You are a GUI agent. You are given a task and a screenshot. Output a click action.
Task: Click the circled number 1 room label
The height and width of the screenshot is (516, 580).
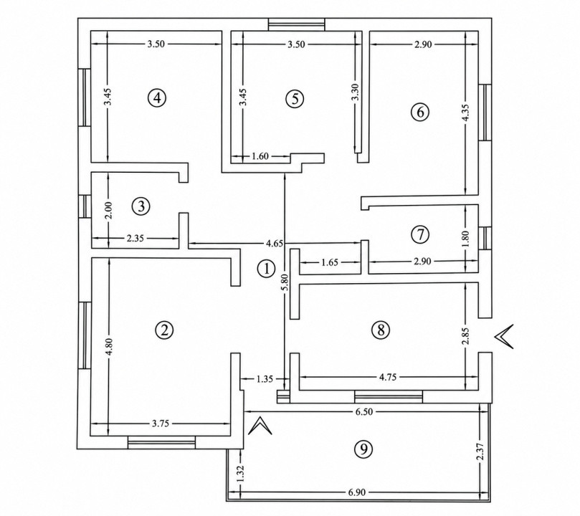[266, 269]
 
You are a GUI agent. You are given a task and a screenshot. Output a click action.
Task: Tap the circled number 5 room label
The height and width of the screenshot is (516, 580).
[295, 99]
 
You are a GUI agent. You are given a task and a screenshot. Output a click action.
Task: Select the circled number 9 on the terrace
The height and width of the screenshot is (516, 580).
[363, 449]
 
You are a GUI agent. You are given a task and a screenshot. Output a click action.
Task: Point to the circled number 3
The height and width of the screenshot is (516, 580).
[141, 206]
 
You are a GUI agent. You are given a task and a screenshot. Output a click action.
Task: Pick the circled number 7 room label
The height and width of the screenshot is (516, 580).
[420, 234]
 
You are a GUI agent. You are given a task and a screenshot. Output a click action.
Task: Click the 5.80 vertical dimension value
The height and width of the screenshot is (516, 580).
[285, 283]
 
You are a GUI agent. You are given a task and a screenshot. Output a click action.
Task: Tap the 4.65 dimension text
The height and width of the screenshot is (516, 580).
[274, 243]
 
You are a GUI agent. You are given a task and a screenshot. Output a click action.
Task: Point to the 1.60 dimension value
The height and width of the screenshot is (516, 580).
[260, 156]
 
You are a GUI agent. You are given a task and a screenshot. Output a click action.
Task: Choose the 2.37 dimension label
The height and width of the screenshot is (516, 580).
[480, 451]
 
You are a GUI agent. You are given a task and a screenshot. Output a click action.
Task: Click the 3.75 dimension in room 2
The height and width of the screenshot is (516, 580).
[161, 424]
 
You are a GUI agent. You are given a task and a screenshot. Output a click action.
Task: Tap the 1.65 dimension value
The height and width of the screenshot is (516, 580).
[330, 262]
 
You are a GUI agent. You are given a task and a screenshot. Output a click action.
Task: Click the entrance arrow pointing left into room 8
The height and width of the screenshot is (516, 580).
[503, 336]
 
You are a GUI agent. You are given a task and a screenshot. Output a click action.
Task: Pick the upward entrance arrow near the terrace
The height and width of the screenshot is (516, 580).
[260, 426]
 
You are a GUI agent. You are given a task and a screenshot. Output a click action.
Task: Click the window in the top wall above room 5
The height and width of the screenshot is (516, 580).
[296, 24]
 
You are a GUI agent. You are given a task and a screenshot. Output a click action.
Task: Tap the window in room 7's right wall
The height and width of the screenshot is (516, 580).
[485, 238]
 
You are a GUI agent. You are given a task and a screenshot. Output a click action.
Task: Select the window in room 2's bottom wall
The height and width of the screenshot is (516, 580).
[161, 442]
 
